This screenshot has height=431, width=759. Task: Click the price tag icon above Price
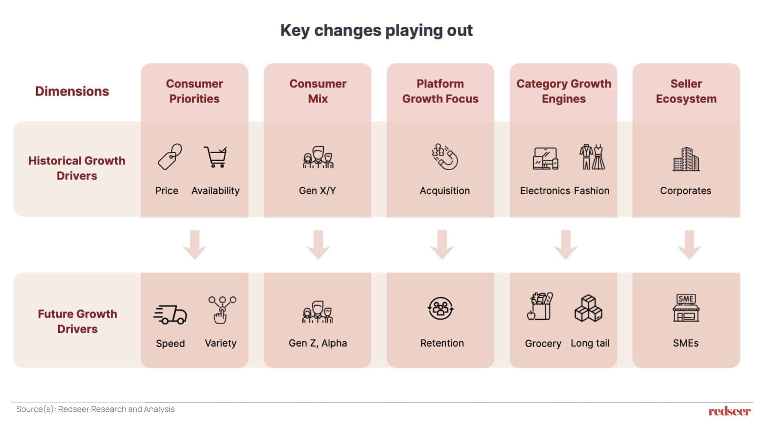click(170, 157)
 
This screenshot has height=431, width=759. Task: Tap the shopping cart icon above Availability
click(216, 157)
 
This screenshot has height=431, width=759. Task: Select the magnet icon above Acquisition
click(445, 157)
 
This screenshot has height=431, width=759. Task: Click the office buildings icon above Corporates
click(686, 159)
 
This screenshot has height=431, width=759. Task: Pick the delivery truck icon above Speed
click(170, 315)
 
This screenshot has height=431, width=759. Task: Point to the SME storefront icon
click(686, 308)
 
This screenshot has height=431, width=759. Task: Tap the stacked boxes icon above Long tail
click(589, 308)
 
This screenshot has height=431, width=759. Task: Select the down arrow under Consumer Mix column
click(318, 245)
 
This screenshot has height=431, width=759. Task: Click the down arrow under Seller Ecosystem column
click(689, 245)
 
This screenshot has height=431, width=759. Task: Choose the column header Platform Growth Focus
click(440, 91)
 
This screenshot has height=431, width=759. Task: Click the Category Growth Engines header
click(564, 91)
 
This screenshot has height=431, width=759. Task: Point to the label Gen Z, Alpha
click(318, 343)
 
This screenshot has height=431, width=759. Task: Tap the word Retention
click(442, 343)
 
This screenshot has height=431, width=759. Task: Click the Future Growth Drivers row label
click(77, 321)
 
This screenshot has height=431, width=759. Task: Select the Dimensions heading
click(72, 91)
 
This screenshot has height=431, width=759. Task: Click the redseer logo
click(730, 411)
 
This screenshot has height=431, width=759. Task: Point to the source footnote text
click(95, 409)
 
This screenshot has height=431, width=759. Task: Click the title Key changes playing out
click(377, 30)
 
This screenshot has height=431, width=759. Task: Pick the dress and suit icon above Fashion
click(592, 157)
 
